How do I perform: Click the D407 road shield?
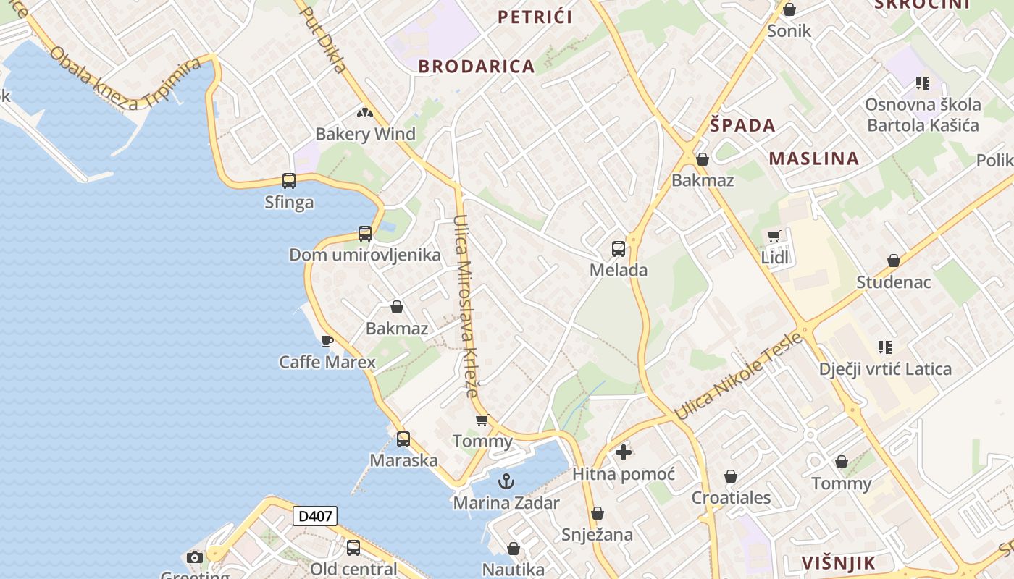click(315, 516)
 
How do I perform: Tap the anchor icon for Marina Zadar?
click(506, 481)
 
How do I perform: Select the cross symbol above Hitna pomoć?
click(624, 453)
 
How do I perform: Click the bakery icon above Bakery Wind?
click(364, 113)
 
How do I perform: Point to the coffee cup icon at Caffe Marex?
click(327, 340)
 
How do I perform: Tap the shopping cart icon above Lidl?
click(774, 236)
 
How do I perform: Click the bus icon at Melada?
click(618, 249)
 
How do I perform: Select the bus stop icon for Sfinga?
click(288, 181)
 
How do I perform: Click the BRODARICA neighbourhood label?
click(477, 67)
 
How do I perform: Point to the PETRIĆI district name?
click(535, 17)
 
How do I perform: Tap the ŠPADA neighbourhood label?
click(742, 125)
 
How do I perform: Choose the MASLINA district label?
click(814, 159)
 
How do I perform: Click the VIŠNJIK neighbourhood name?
click(839, 563)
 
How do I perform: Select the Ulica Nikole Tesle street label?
click(739, 376)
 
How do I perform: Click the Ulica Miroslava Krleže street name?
click(466, 305)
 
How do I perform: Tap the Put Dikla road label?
click(322, 40)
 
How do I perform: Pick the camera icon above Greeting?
click(195, 557)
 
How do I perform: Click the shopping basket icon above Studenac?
click(894, 261)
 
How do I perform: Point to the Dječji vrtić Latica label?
click(885, 369)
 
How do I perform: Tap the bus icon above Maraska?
click(403, 439)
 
